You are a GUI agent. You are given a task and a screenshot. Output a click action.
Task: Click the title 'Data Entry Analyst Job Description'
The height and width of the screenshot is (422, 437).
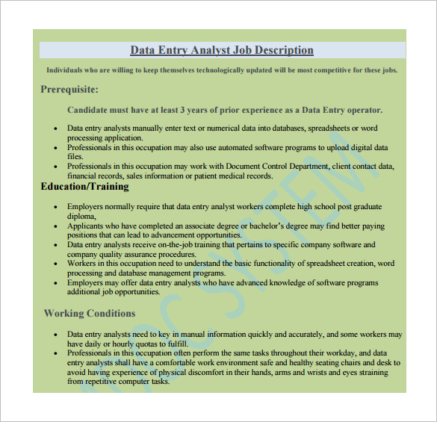click(x=222, y=50)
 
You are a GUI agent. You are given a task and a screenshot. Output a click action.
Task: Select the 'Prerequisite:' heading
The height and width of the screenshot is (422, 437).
click(x=69, y=90)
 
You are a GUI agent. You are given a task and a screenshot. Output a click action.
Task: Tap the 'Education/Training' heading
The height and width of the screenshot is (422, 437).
click(x=84, y=187)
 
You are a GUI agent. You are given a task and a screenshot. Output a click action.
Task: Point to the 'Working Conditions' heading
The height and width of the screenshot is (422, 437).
click(x=90, y=313)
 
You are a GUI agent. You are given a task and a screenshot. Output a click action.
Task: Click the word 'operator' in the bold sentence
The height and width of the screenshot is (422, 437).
click(x=361, y=109)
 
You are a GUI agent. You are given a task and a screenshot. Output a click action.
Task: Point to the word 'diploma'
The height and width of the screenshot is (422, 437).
click(x=81, y=216)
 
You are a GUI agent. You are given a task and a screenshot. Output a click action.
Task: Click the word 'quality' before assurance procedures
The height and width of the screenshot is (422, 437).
click(x=112, y=255)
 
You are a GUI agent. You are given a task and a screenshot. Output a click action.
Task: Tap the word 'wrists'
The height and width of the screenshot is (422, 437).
click(x=317, y=371)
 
